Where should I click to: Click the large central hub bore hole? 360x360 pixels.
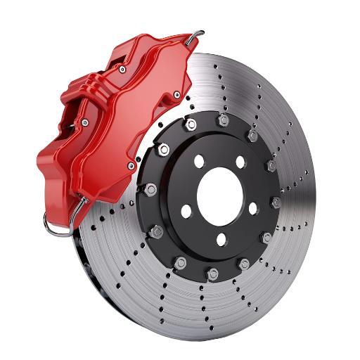[219, 192]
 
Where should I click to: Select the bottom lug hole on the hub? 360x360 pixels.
[220, 240]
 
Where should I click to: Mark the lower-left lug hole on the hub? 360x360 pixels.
[186, 211]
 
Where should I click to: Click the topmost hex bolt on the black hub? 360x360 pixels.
[224, 120]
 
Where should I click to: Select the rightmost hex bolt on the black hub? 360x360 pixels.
[276, 202]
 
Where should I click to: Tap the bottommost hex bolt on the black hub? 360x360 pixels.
[212, 272]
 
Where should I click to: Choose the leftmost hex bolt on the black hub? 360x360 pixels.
[150, 188]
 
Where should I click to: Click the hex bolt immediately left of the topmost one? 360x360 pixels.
[191, 125]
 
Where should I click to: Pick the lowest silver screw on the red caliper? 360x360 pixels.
[131, 166]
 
